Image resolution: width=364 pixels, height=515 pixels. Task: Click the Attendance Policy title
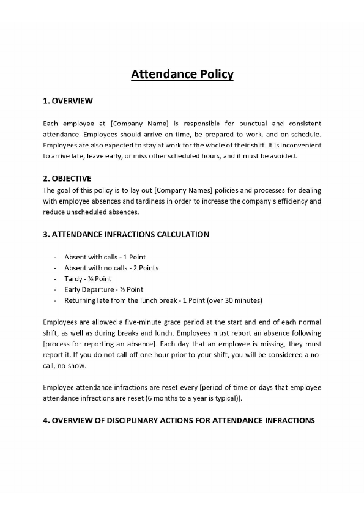[x=182, y=75]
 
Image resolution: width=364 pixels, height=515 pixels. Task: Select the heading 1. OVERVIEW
[x=68, y=101]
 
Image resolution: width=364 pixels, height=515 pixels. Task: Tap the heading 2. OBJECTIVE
[x=67, y=179]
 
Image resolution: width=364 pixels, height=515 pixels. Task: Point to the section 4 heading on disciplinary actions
[x=179, y=421]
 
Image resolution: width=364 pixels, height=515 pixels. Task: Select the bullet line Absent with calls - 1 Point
[x=105, y=257]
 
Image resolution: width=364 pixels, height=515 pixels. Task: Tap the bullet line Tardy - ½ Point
[x=87, y=279]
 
